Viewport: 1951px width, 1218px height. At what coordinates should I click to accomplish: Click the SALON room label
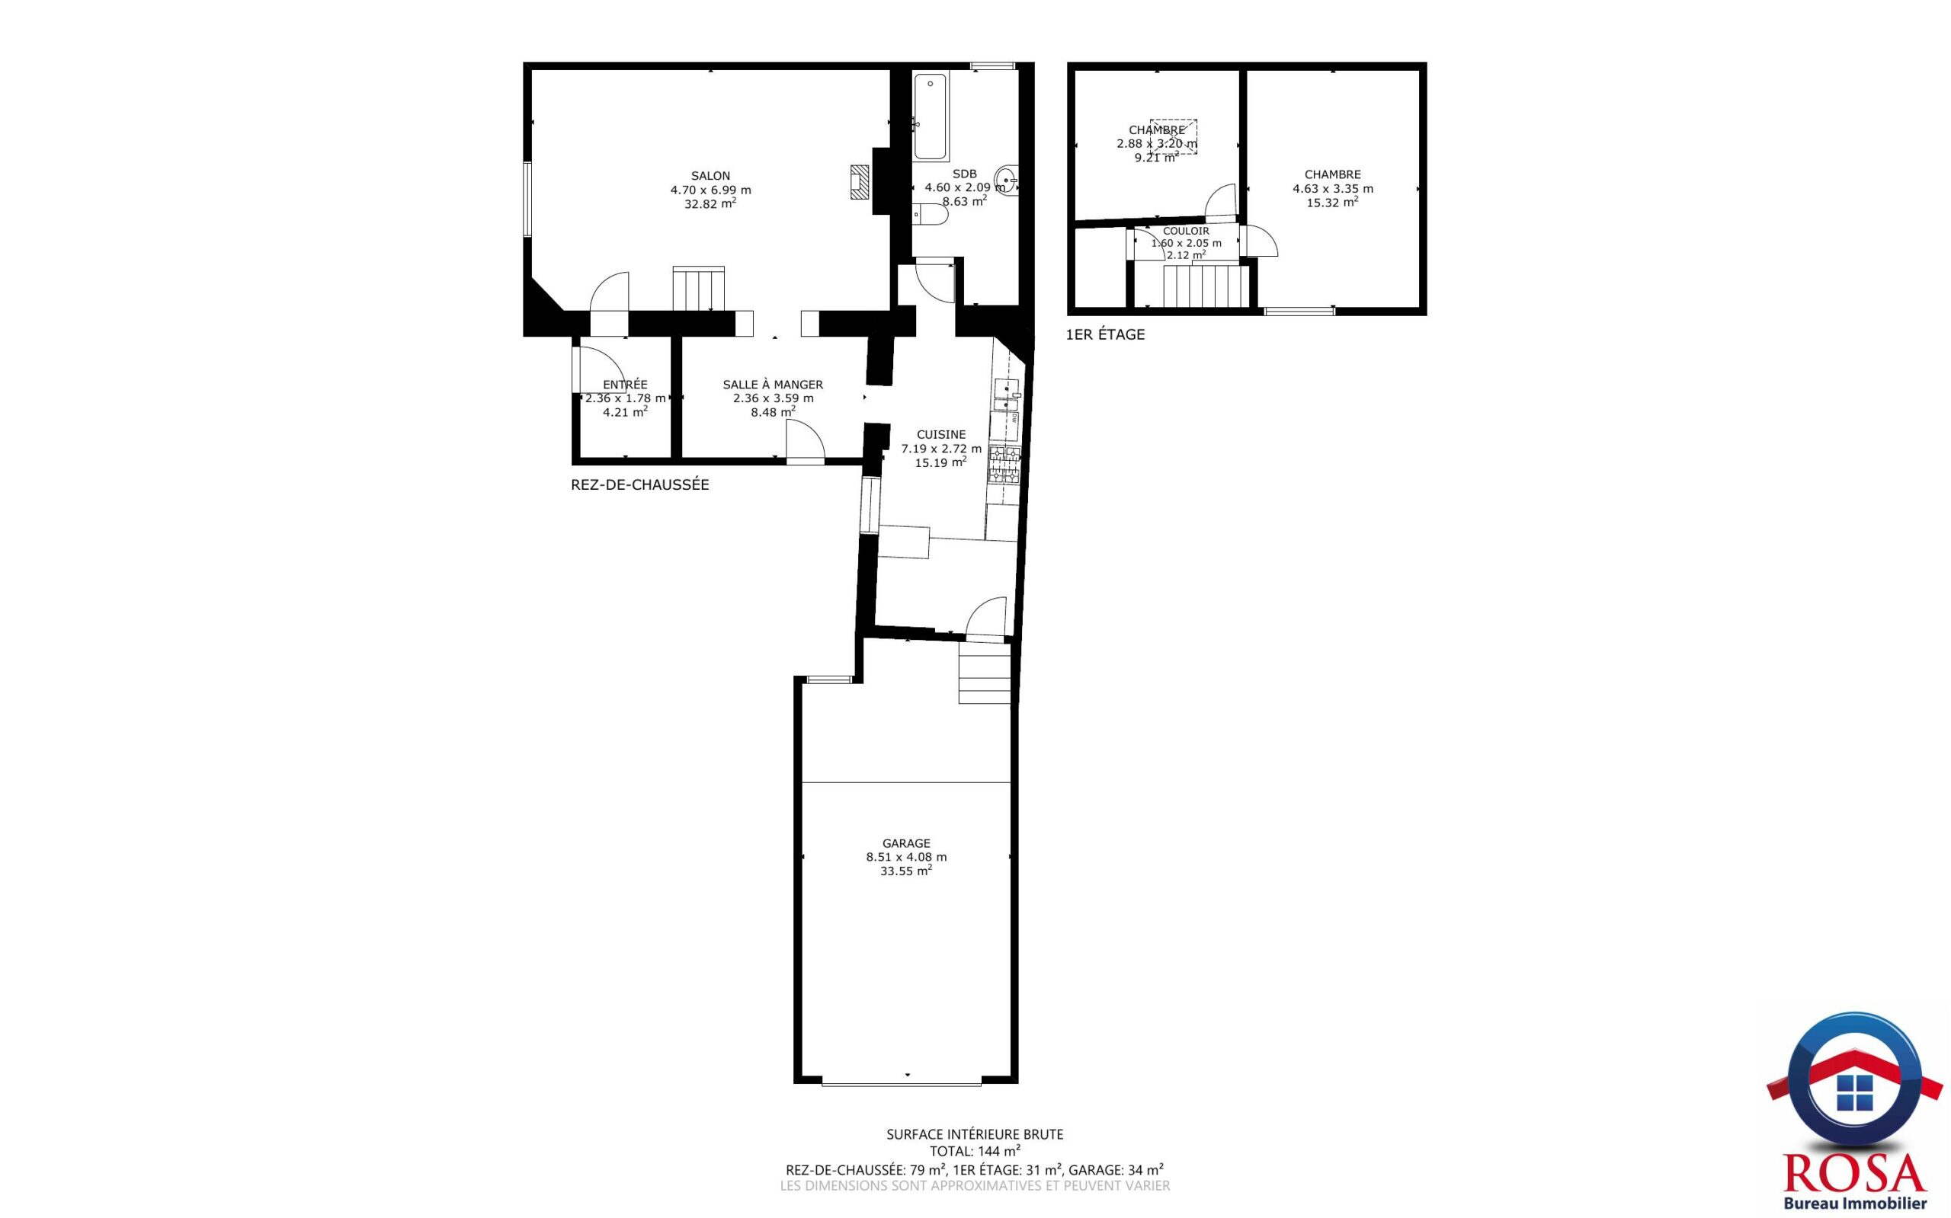click(x=710, y=176)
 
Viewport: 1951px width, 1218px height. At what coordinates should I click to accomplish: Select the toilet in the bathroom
click(x=931, y=214)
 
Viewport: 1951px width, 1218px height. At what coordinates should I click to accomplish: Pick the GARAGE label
click(x=906, y=843)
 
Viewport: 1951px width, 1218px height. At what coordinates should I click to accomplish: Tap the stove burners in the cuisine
click(x=1004, y=465)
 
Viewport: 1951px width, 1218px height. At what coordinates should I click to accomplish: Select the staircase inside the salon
click(x=698, y=289)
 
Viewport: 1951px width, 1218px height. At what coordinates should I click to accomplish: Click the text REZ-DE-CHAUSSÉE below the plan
click(x=640, y=485)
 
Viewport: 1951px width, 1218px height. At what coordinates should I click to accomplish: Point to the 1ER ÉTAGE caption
click(x=1105, y=334)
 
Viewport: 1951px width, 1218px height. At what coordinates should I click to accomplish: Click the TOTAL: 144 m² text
click(x=974, y=1150)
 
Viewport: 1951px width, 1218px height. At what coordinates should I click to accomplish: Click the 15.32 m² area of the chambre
click(x=1332, y=202)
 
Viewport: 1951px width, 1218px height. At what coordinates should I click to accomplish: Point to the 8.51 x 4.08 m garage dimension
click(x=906, y=857)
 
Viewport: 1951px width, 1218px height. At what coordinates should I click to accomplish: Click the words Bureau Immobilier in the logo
click(x=1854, y=1204)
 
